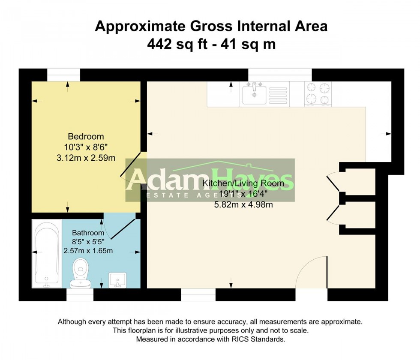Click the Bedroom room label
point(86,136)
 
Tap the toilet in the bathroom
point(81,273)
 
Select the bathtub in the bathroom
point(47,254)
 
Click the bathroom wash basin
point(117,280)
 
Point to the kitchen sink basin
point(254,93)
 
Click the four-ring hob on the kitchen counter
point(318,93)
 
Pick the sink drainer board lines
point(278,95)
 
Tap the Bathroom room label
point(88,233)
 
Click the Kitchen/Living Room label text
point(243,183)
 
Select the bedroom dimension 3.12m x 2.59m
point(86,158)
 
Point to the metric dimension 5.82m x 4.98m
point(243,205)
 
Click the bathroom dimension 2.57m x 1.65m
point(88,251)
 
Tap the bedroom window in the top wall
point(63,75)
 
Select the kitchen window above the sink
point(280,75)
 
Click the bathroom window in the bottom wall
point(80,295)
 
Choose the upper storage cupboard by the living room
point(360,182)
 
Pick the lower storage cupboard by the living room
point(360,215)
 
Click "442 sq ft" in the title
point(177,44)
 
